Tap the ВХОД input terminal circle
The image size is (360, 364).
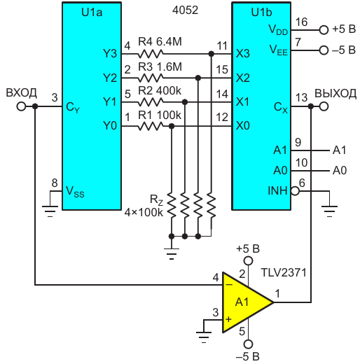(21, 106)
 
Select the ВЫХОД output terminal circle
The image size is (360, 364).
(324, 106)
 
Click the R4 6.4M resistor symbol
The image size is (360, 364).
(151, 54)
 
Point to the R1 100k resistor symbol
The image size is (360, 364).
(151, 127)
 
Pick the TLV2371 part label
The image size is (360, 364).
(284, 272)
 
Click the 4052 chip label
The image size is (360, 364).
(186, 10)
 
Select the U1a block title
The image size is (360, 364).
(92, 12)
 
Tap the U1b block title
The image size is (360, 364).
(261, 12)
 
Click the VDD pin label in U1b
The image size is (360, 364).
(278, 30)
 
